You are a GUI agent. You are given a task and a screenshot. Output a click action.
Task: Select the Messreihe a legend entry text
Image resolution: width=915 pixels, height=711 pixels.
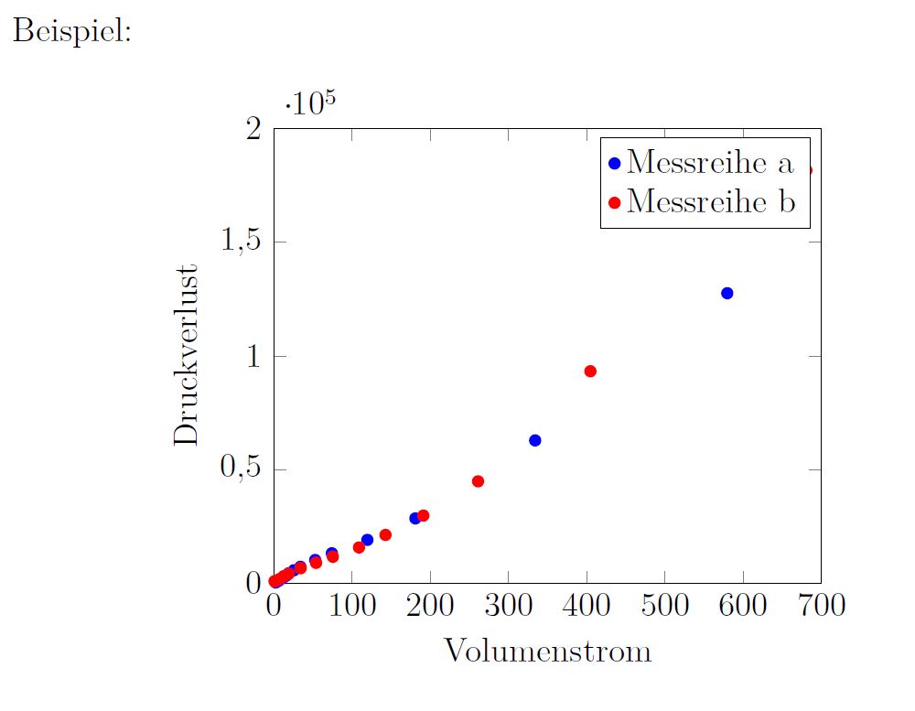(x=710, y=163)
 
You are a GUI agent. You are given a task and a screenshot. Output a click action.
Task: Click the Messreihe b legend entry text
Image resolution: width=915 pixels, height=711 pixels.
(x=711, y=200)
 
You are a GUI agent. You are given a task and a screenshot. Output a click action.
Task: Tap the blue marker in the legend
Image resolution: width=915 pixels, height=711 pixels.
(x=615, y=164)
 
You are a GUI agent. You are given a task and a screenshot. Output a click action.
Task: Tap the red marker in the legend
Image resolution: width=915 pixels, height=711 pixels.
(x=615, y=201)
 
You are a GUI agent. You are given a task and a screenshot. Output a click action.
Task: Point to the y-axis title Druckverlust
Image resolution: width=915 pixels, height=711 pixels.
(x=187, y=356)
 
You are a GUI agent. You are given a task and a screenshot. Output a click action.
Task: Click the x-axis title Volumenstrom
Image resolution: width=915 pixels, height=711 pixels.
(x=547, y=652)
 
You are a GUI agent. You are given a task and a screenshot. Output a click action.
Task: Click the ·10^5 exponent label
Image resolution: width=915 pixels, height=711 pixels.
(x=310, y=103)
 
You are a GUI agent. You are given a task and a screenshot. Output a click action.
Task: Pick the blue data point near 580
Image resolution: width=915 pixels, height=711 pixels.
(x=727, y=293)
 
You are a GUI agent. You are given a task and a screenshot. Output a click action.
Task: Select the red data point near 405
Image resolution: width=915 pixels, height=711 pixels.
(x=590, y=371)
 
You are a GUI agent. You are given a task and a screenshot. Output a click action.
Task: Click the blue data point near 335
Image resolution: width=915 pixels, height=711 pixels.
(x=535, y=440)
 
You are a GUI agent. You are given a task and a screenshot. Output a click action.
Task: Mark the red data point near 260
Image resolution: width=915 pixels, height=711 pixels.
(x=478, y=481)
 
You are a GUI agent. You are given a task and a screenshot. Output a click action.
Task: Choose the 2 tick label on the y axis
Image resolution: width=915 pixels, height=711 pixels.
(x=255, y=129)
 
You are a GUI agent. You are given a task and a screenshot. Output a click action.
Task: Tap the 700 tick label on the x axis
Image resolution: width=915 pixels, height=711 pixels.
(x=820, y=605)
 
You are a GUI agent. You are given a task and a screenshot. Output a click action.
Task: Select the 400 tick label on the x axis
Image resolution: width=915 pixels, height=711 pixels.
(x=586, y=605)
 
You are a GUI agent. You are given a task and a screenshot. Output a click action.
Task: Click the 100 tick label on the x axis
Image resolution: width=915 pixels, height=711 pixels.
(x=351, y=605)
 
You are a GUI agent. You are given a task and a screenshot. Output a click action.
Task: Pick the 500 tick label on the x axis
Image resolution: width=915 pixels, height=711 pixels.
(x=664, y=605)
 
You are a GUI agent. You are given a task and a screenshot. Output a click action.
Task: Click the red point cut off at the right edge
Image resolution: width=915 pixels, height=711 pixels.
(x=808, y=170)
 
